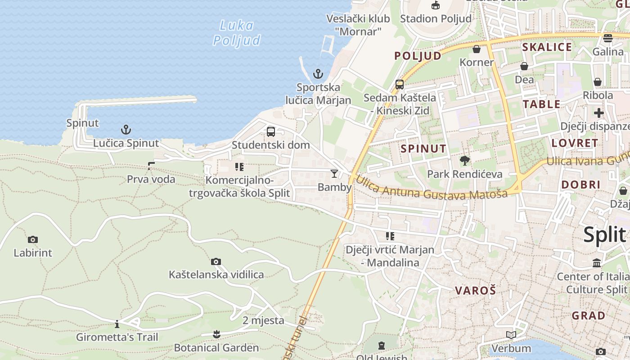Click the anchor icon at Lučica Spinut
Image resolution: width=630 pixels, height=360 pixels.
pos(126,130)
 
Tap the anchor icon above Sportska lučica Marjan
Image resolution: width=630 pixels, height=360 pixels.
pos(318,73)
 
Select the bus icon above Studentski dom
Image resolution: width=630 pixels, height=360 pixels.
pos(271,132)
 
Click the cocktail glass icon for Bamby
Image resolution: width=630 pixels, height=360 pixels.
pos(334,174)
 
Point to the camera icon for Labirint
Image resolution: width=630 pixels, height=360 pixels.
pos(32,239)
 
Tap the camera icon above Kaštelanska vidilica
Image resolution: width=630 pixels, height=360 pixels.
pos(216,261)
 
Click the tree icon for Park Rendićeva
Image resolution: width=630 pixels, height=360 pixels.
pos(464,160)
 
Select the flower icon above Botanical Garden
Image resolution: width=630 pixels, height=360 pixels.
pos(216,334)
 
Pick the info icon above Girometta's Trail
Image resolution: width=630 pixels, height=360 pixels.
pos(117,324)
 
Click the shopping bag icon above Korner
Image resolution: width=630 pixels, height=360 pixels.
pos(477,49)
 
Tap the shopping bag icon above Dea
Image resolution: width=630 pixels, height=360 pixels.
pos(524,67)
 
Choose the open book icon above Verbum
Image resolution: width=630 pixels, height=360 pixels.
pos(511,335)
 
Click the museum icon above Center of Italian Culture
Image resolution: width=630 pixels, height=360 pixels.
pos(597,263)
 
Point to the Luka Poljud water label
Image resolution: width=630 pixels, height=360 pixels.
pos(237,33)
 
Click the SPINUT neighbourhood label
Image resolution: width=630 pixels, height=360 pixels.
pos(423,148)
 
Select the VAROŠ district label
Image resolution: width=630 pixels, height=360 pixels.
pos(475,290)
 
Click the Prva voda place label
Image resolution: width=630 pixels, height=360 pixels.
pos(151,179)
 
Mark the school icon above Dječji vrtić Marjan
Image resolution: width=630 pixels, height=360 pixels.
pos(390,236)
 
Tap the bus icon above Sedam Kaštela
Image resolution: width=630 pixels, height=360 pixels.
pos(400,84)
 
